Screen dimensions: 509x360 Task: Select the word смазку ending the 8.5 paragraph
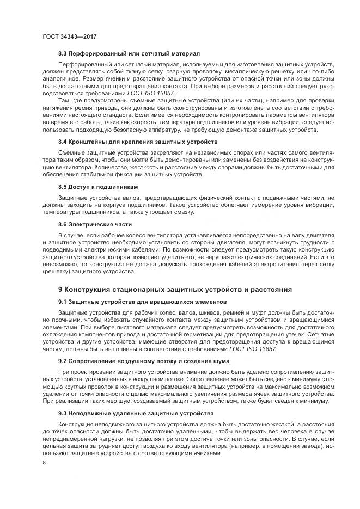pyautogui.click(x=182, y=212)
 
